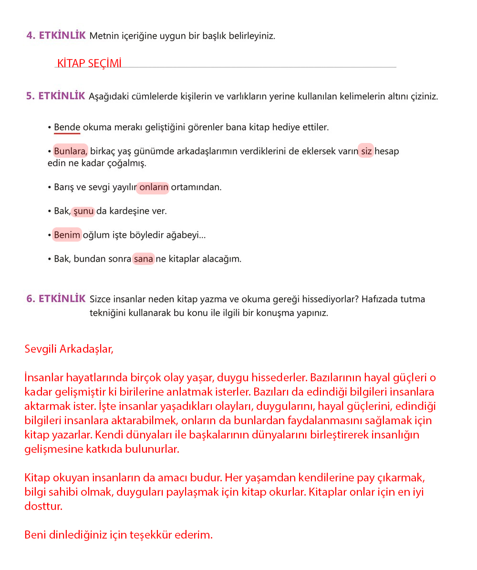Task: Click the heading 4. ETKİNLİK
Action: (x=56, y=35)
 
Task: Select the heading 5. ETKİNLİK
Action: (x=56, y=96)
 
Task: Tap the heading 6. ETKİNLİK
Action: (x=56, y=299)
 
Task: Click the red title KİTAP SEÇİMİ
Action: (x=89, y=63)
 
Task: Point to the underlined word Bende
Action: (x=67, y=127)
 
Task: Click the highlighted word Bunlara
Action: (x=71, y=151)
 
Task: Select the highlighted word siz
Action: (x=366, y=151)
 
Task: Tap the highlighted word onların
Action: (x=153, y=187)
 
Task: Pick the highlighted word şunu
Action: (x=83, y=211)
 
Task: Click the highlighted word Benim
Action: (x=67, y=234)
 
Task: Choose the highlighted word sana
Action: (x=144, y=259)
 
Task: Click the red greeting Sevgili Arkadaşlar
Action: (x=69, y=349)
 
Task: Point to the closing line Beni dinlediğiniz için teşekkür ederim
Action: (x=118, y=535)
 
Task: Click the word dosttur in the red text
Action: (x=43, y=506)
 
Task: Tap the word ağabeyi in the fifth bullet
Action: (x=186, y=235)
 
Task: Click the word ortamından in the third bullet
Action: (x=196, y=187)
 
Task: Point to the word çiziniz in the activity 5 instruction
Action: (x=422, y=96)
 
